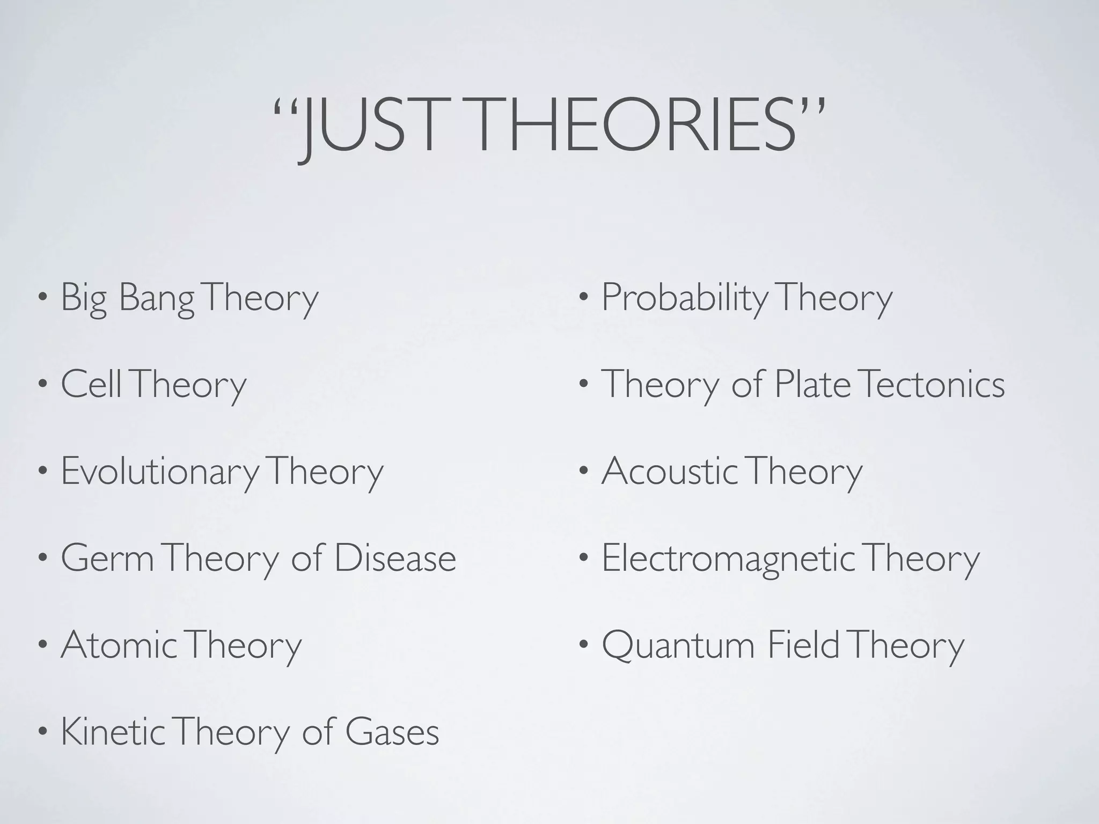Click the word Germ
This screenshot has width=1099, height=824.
pos(107,558)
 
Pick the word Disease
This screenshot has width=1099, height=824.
pos(395,558)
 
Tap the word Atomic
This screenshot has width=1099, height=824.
pos(118,645)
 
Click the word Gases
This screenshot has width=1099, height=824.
pos(392,733)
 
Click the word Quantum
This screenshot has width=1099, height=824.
pos(678,646)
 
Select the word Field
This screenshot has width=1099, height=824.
pos(803,645)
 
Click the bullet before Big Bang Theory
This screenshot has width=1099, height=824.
pos(42,298)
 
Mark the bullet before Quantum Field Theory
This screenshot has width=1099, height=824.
pos(583,645)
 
